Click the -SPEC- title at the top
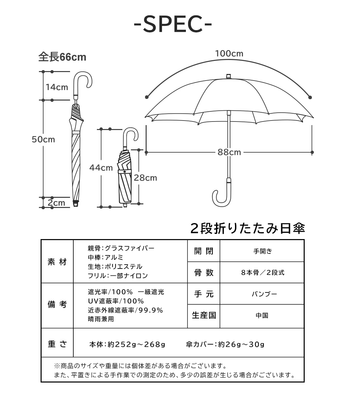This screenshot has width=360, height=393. tap(173, 24)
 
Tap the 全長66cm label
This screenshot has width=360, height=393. tap(62, 57)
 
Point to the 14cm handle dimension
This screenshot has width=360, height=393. tap(57, 87)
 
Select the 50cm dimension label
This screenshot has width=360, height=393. tap(43, 140)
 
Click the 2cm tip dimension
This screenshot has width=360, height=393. tap(56, 203)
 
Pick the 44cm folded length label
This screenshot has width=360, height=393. tap(101, 168)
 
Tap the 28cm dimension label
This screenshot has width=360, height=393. tap(145, 178)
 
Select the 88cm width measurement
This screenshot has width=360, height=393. tap(229, 152)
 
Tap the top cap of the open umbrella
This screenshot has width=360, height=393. tap(228, 76)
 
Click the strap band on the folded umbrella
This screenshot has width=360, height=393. tap(125, 172)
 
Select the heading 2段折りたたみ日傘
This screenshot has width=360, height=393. tap(247, 229)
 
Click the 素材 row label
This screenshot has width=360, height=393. tap(57, 262)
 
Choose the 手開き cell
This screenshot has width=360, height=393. tap(263, 251)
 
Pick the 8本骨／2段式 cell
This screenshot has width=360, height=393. tap(263, 272)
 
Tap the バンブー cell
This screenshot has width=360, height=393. tap(264, 294)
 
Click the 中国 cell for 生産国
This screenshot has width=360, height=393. tap(262, 315)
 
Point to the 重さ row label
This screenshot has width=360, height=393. tap(57, 344)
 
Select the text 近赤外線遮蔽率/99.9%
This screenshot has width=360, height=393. tap(125, 310)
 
